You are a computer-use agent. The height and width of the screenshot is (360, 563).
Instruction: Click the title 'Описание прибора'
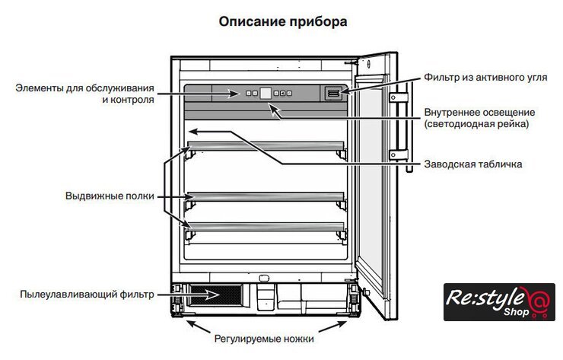click(282, 22)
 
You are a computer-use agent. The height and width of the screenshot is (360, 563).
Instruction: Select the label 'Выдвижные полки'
click(110, 196)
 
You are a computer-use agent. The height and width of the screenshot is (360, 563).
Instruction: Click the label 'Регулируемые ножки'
click(262, 339)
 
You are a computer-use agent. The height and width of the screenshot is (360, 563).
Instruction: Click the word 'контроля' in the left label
click(129, 100)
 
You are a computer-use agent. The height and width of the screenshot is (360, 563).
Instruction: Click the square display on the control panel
click(266, 94)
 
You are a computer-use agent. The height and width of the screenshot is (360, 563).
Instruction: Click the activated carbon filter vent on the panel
click(333, 93)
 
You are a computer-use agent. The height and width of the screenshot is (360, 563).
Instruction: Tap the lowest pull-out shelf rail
click(266, 225)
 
